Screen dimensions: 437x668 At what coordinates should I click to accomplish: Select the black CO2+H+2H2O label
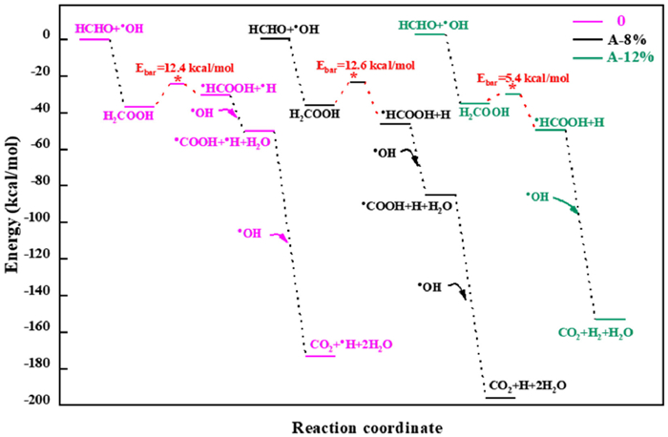pos(528,385)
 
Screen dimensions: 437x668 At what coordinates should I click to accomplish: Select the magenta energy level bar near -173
pos(320,356)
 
